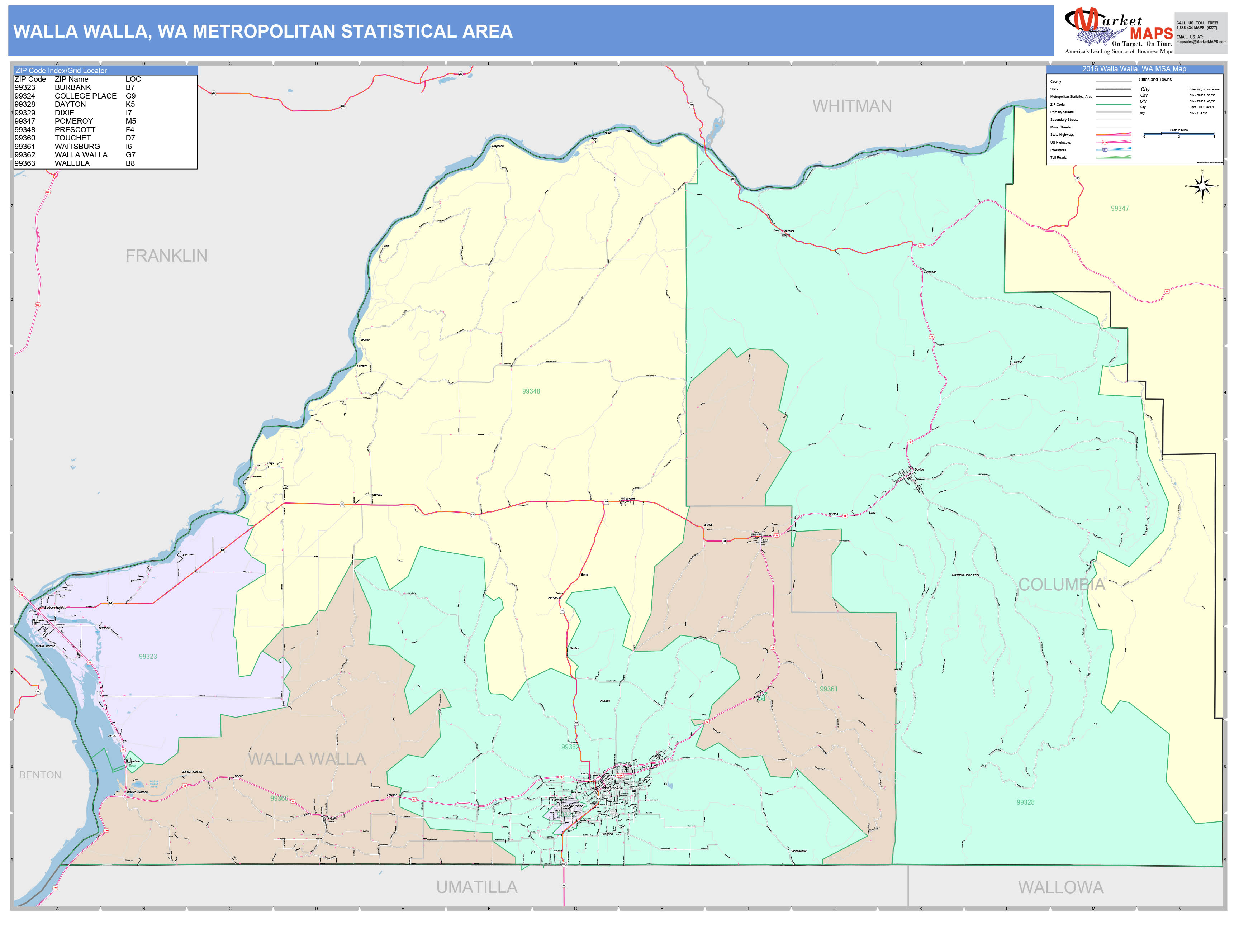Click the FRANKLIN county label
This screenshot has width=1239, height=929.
click(166, 256)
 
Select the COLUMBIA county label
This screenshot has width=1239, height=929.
click(1062, 585)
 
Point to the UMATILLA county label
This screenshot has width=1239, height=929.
click(477, 887)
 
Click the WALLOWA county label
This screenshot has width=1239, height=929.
click(1060, 887)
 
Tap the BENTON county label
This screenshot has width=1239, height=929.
click(40, 775)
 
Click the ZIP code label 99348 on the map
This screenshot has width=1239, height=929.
click(531, 391)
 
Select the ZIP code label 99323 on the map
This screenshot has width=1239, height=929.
click(148, 656)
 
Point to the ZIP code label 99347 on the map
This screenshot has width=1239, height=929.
click(1120, 208)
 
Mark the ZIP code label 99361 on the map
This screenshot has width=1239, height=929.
click(829, 689)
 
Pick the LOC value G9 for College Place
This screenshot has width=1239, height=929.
click(130, 96)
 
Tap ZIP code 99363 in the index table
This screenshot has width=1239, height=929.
click(25, 163)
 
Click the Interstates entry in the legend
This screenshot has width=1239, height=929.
click(1058, 150)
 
